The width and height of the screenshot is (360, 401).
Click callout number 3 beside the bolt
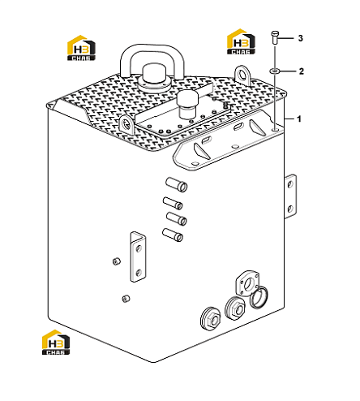coord(300,38)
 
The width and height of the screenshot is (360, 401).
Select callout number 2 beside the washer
coord(301,71)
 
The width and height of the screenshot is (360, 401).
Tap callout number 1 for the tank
coord(299,119)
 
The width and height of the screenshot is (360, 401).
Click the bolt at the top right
coord(275,37)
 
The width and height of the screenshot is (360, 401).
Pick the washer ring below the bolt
coord(275,71)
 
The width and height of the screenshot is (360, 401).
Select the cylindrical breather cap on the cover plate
coord(187,105)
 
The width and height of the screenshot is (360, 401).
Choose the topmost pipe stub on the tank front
coord(177,184)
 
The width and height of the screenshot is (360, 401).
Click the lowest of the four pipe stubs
coord(173,235)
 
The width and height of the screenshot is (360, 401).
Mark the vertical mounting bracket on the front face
coord(138,257)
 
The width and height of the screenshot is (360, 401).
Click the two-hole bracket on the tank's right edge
coord(290,196)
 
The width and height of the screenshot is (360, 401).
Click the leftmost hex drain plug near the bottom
coord(211,319)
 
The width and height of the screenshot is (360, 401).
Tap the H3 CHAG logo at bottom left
coord(56,342)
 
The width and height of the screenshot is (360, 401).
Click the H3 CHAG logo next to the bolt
coord(241,41)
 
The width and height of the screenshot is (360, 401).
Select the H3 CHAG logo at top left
coord(81,48)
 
